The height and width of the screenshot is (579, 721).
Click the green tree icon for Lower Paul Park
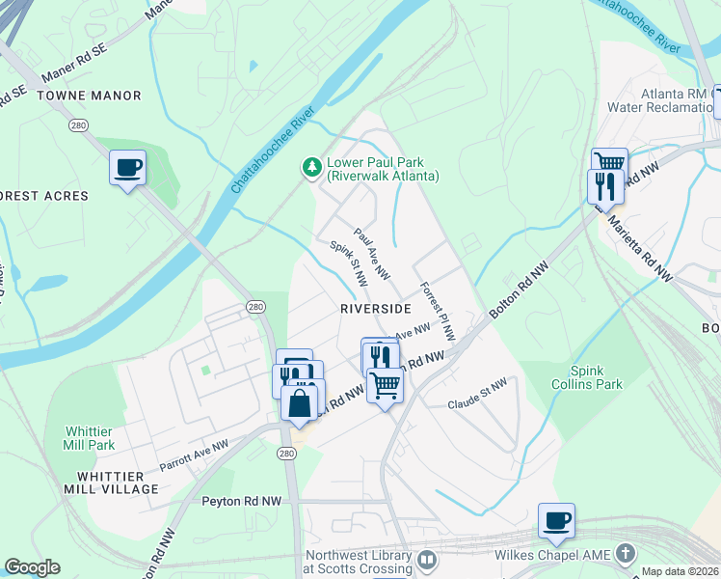pyautogui.click(x=311, y=168)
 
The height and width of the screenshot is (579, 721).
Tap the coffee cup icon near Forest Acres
pyautogui.click(x=127, y=168)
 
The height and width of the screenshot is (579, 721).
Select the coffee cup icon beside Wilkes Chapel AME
pyautogui.click(x=556, y=521)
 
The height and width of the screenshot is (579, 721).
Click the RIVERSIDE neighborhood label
pyautogui.click(x=375, y=308)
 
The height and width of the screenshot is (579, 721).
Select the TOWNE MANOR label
pyautogui.click(x=89, y=96)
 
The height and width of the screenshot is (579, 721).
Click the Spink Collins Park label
pyautogui.click(x=595, y=377)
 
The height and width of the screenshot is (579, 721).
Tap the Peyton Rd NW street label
pyautogui.click(x=242, y=501)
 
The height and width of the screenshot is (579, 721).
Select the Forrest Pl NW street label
pyautogui.click(x=436, y=311)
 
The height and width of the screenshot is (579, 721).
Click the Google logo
pyautogui.click(x=32, y=566)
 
